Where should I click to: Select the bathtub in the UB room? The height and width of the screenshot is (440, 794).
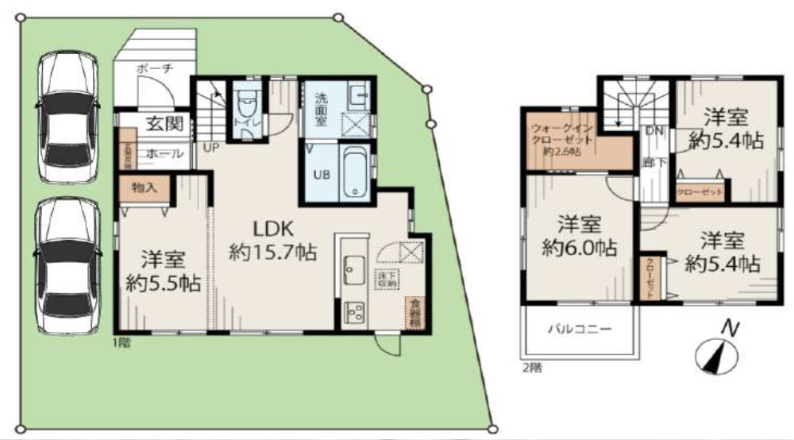point(354,173)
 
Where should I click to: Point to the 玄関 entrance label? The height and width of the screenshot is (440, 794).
point(164,124)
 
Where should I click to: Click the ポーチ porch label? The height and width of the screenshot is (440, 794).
point(155,69)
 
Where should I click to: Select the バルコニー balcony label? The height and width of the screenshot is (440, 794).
point(578,329)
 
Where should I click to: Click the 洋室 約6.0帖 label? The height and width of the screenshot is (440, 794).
point(577,235)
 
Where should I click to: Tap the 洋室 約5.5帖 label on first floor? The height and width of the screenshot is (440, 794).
point(163,269)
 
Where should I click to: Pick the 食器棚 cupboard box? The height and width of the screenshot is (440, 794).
point(413,311)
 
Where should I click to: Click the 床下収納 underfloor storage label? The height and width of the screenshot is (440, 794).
point(387,277)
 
